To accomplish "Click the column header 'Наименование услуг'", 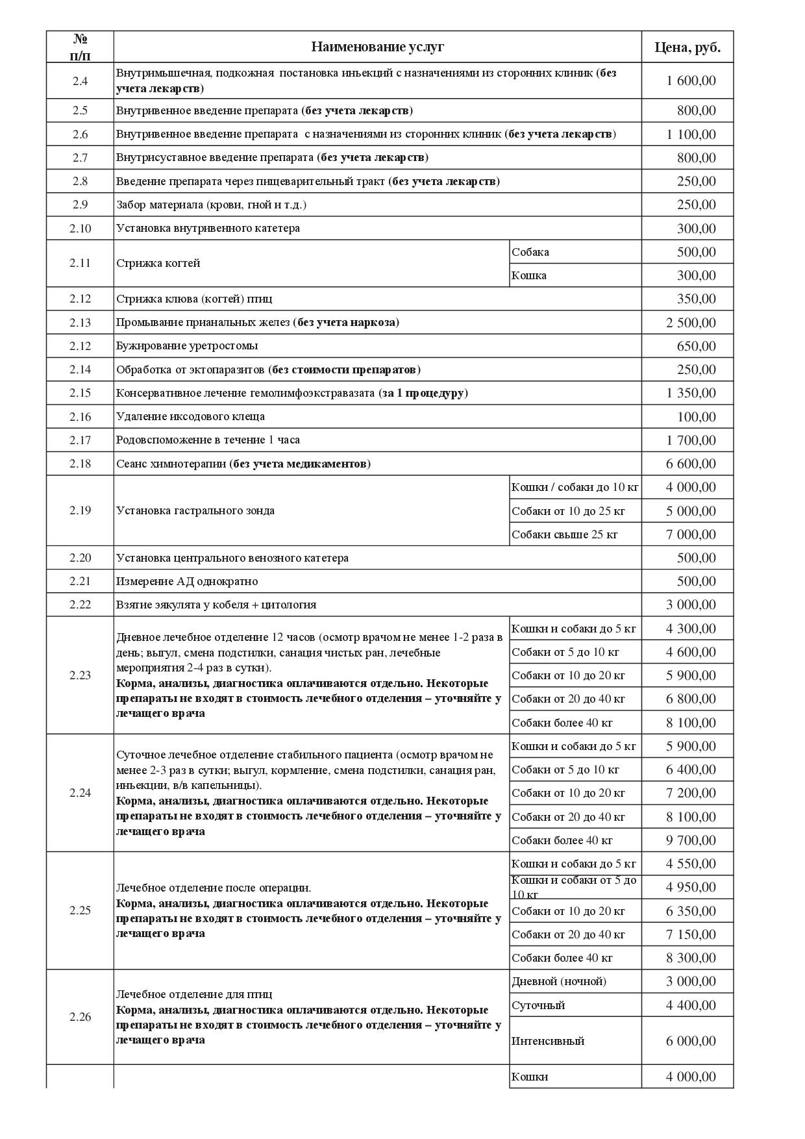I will [x=377, y=47].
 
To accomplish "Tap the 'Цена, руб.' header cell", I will [x=687, y=47].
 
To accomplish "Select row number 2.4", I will [x=80, y=81].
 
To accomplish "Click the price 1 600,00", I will [x=691, y=81].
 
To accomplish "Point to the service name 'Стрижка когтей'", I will [x=158, y=264].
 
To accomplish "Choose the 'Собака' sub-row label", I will [x=530, y=252].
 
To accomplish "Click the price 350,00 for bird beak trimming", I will [x=696, y=299].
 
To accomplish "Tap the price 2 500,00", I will [x=691, y=323].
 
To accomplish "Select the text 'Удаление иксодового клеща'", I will [x=190, y=417].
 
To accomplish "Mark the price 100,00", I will [x=696, y=417].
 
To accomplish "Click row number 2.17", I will [x=80, y=440].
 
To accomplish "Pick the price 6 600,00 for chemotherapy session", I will [x=691, y=464].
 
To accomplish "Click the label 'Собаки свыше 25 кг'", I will [x=565, y=534].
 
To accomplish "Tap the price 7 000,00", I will [x=691, y=534].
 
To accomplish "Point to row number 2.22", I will [x=80, y=605].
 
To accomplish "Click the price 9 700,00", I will [x=691, y=840].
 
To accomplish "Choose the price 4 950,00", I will [x=691, y=887].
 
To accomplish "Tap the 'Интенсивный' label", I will [x=548, y=1041].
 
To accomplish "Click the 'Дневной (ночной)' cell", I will [x=559, y=981].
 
